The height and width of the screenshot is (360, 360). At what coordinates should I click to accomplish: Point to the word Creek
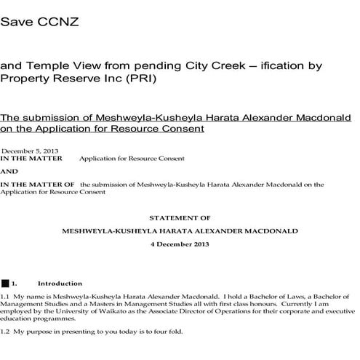(226, 66)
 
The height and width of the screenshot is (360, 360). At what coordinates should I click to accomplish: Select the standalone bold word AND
(9, 172)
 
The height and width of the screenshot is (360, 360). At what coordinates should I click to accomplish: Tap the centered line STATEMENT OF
(179, 217)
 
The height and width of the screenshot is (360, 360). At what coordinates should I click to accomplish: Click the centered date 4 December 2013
(179, 244)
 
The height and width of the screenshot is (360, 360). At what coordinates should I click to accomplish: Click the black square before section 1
(6, 282)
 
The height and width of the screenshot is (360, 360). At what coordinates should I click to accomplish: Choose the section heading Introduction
(60, 283)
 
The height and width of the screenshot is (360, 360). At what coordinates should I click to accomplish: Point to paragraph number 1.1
(6, 297)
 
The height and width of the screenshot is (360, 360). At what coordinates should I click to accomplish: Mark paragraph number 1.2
(6, 332)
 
